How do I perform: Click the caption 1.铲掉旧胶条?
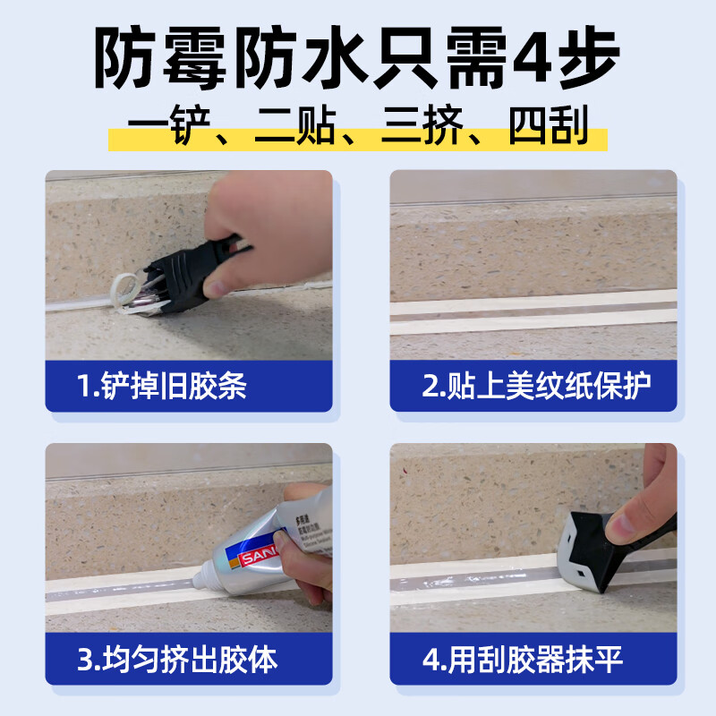(161, 387)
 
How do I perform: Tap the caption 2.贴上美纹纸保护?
(536, 387)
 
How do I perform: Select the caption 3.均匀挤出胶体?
(177, 661)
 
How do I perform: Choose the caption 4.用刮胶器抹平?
(523, 661)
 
